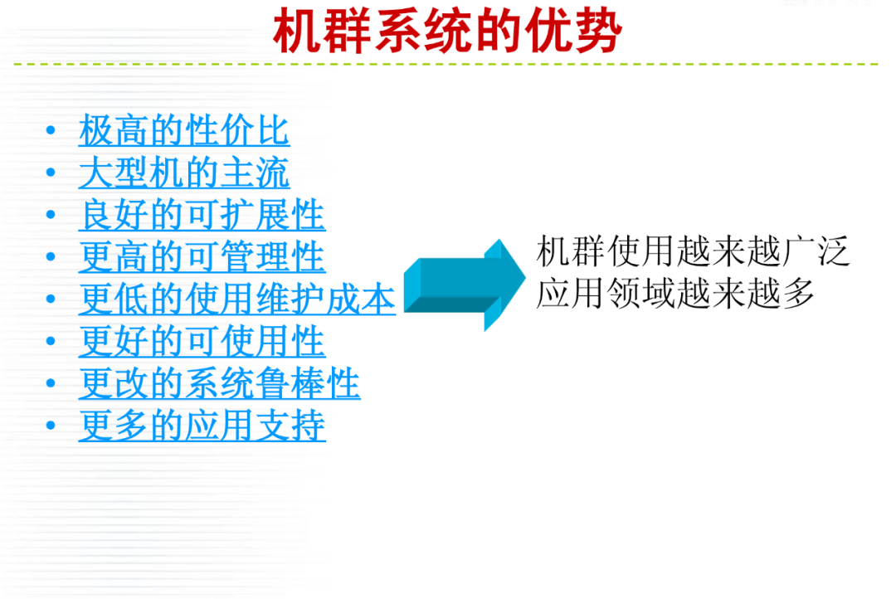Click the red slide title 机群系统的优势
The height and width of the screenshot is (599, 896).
447,31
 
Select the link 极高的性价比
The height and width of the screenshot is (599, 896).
184,130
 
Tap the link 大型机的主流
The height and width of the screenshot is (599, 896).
184,173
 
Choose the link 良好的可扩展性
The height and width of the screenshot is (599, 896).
202,215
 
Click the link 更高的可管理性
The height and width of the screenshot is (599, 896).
202,256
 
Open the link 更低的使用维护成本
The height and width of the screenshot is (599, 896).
237,299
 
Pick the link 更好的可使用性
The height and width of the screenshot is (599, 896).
202,341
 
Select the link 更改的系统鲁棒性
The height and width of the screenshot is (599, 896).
219,383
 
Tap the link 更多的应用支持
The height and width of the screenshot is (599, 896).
202,426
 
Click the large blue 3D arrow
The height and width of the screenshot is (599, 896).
464,285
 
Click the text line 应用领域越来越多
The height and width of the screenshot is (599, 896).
674,293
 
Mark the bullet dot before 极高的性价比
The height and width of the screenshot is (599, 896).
51,130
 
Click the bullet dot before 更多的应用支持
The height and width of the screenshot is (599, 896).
51,426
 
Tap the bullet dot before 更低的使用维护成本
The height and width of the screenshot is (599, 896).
51,299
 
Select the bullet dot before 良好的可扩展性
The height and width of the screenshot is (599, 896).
51,215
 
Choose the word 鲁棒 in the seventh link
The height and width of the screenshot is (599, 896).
290,383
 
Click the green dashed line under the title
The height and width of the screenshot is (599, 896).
446,64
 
